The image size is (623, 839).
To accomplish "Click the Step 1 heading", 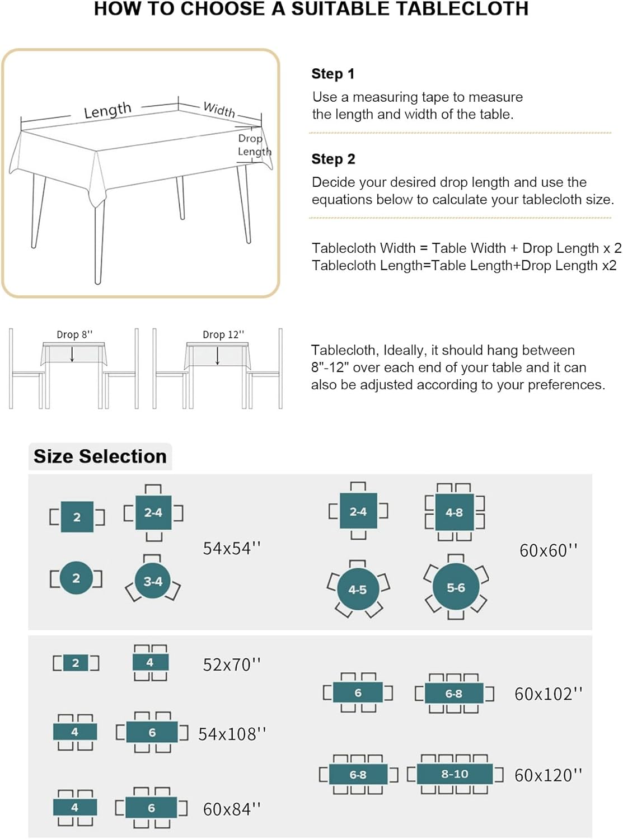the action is click(333, 74).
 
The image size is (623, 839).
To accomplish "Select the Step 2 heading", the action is click(333, 159).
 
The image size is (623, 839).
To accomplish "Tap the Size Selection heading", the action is click(100, 456).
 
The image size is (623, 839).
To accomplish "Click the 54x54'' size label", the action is click(232, 549).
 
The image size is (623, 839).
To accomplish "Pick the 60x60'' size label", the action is click(549, 550).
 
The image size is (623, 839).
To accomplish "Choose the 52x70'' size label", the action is click(232, 664).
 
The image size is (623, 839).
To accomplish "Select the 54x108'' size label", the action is click(232, 734).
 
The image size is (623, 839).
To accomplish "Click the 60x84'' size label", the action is click(232, 809).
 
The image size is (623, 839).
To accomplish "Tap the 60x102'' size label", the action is click(549, 694).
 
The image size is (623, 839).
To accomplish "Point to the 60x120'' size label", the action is click(549, 775).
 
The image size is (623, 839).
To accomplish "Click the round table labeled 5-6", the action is click(456, 587).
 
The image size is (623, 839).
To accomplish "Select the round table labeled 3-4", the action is click(153, 581).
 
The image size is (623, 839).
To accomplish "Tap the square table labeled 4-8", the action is click(455, 512).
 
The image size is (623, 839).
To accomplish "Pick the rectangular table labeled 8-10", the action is click(455, 774).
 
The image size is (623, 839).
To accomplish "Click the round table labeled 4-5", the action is click(358, 590).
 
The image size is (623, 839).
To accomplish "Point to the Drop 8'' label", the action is click(74, 335).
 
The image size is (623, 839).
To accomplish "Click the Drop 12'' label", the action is click(223, 335).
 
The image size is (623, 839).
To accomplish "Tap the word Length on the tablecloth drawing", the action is click(107, 110).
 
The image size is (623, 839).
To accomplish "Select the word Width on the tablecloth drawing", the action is click(219, 109).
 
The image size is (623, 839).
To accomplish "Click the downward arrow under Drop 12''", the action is click(217, 356).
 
